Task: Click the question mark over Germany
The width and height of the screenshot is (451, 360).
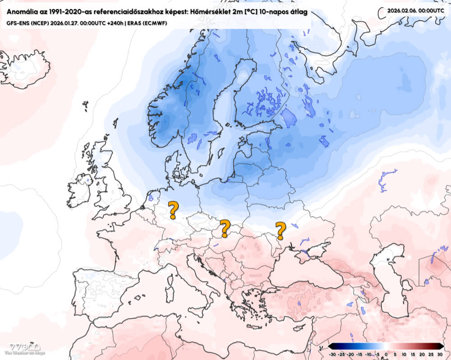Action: pos(173,210)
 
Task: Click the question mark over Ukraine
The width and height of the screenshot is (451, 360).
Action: pos(281,231)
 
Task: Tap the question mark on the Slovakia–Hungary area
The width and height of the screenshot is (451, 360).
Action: pos(224,228)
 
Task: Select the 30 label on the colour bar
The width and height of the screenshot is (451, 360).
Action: pos(440,354)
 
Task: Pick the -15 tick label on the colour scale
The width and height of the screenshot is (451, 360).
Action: pos(359,354)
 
